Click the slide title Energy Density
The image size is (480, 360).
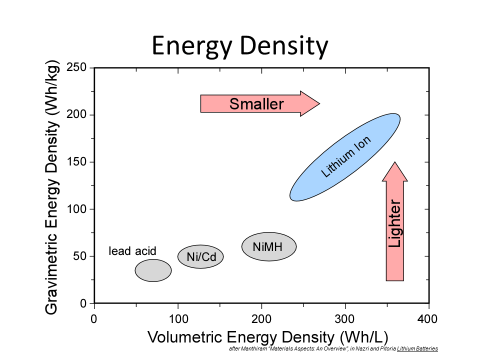point(240,46)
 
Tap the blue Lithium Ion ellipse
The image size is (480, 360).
point(345,157)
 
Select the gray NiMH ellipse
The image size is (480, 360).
point(269,246)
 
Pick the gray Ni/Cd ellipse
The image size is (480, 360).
point(200,256)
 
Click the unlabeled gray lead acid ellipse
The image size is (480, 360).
point(153,270)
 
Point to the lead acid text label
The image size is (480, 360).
point(132,251)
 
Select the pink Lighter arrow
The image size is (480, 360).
point(395,222)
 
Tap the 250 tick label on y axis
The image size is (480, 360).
point(76,68)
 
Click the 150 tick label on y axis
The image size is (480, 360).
point(76,162)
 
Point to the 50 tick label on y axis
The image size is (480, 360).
point(80,256)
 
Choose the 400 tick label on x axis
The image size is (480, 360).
point(428,319)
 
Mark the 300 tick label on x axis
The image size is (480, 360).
point(345,319)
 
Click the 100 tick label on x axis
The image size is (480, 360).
point(177,319)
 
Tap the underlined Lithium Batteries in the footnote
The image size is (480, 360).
point(417,348)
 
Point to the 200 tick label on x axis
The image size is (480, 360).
point(261,319)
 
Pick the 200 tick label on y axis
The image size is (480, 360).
point(76,115)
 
